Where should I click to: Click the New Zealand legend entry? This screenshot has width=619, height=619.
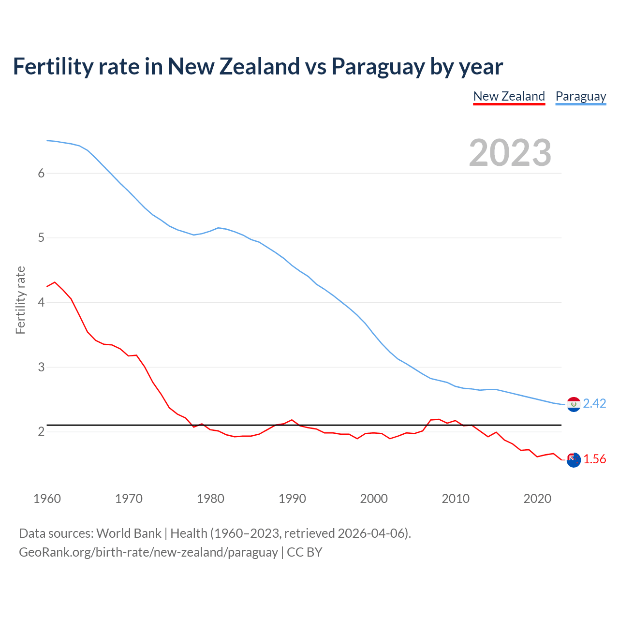509,96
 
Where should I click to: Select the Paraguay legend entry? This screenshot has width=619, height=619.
580,96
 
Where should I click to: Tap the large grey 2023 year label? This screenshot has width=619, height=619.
510,153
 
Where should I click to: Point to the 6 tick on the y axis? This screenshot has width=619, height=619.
41,173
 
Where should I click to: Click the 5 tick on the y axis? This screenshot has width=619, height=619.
41,238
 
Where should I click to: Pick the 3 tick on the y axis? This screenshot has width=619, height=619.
41,367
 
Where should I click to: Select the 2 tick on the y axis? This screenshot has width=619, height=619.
41,431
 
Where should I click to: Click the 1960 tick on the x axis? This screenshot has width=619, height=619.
47,499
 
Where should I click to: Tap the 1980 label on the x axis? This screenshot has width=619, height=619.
210,499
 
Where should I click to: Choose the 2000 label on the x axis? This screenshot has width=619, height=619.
374,499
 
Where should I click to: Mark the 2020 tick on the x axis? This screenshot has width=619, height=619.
537,499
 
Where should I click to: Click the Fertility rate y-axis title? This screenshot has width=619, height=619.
20,300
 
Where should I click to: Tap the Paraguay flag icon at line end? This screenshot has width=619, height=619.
574,404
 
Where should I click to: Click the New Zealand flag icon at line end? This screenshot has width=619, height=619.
574,460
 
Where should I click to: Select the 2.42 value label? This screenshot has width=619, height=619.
594,403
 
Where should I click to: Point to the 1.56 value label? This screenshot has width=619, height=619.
594,459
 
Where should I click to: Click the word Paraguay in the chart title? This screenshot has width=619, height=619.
378,66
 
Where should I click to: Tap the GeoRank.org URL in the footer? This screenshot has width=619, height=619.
148,552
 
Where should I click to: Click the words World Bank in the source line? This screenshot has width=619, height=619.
129,533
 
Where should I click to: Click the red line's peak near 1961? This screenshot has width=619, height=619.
55,282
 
